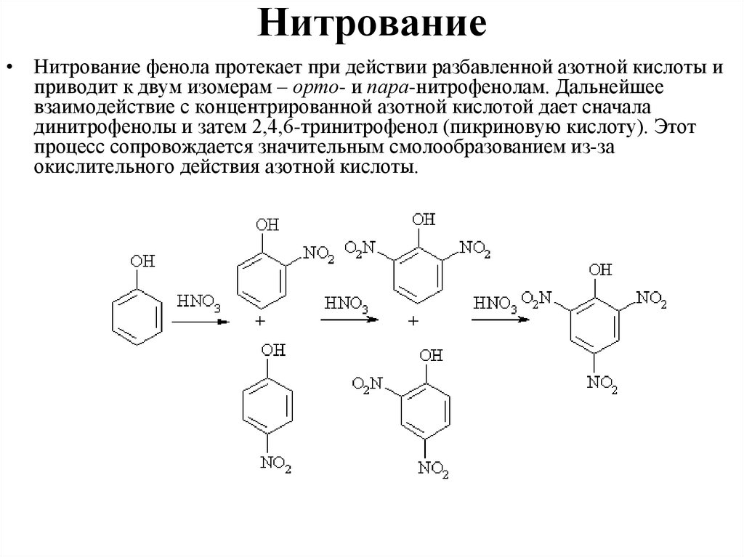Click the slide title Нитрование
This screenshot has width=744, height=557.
pos(372,25)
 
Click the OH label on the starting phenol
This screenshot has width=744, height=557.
pos(139,261)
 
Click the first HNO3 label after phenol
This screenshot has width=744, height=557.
pos(197,300)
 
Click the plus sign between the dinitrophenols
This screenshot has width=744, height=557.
pos(414,320)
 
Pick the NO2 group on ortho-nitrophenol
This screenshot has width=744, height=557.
pos(319,254)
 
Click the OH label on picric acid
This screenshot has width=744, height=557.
pos(600,271)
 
